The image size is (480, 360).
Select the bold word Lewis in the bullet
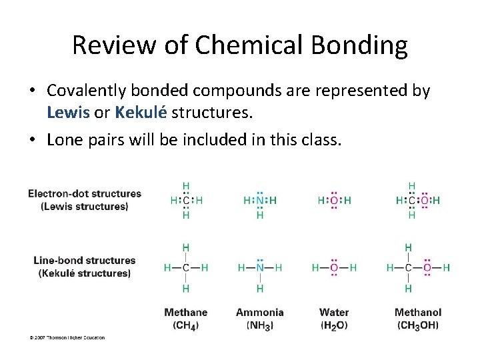(69, 113)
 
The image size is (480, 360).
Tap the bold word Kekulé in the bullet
(141, 113)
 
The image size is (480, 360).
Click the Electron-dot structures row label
(85, 193)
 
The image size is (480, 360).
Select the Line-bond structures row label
(85, 261)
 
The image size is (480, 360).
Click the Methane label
(185, 312)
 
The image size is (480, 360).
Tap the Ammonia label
(259, 312)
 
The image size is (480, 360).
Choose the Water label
(334, 312)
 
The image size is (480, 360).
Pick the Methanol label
(418, 312)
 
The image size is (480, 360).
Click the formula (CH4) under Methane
(185, 325)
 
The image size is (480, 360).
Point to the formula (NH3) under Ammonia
(259, 325)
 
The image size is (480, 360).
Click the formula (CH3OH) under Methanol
(418, 325)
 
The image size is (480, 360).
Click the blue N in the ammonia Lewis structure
(260, 200)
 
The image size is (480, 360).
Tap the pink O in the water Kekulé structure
(334, 268)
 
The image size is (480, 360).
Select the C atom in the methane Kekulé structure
(185, 268)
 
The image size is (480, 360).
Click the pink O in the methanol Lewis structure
(424, 200)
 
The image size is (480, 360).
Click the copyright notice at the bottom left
(67, 338)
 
